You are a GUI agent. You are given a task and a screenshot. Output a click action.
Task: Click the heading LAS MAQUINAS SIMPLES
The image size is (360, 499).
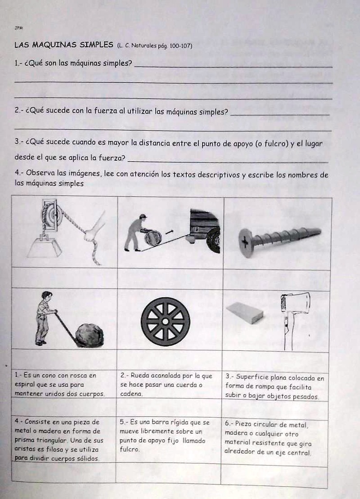coord(64,45)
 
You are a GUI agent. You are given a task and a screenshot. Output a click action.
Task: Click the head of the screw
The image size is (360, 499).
coord(246,243)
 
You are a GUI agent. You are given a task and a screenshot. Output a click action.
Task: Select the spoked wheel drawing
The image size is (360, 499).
coord(165,322)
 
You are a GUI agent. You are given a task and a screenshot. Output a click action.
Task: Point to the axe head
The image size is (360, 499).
coord(296,303)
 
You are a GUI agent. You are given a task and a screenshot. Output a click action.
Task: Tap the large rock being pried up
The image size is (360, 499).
coord(90,336)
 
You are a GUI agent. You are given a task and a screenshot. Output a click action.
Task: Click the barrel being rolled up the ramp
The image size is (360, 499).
coord(153,237)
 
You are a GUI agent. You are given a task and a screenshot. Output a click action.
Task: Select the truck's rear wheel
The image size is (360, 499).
coord(213,240)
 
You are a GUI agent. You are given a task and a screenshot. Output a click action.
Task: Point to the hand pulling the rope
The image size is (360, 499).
coord(91,235)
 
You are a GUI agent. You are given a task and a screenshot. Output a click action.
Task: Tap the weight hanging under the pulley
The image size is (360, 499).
coord(44,247)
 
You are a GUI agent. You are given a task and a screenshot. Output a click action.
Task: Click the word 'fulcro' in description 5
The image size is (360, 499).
coord(130,449)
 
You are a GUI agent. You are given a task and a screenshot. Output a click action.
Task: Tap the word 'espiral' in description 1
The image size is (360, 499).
coord(25,384)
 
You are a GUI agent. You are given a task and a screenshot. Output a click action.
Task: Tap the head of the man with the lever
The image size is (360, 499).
coord(46,296)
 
